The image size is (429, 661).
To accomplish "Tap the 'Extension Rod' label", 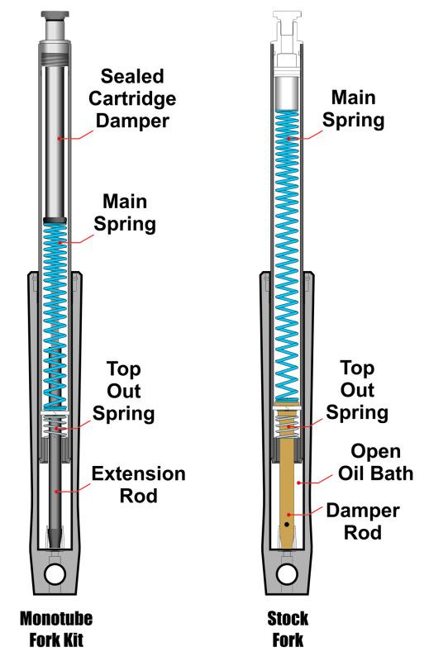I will point(138,486).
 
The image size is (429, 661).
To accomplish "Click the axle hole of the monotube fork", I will point(56,572).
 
